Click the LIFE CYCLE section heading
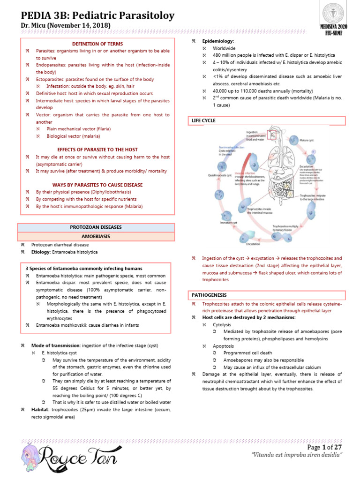pyautogui.click(x=203, y=120)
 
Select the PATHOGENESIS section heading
pyautogui.click(x=209, y=295)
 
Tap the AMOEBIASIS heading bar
pyautogui.click(x=96, y=236)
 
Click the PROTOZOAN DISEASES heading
pyautogui.click(x=96, y=227)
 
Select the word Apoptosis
pyautogui.click(x=223, y=345)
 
